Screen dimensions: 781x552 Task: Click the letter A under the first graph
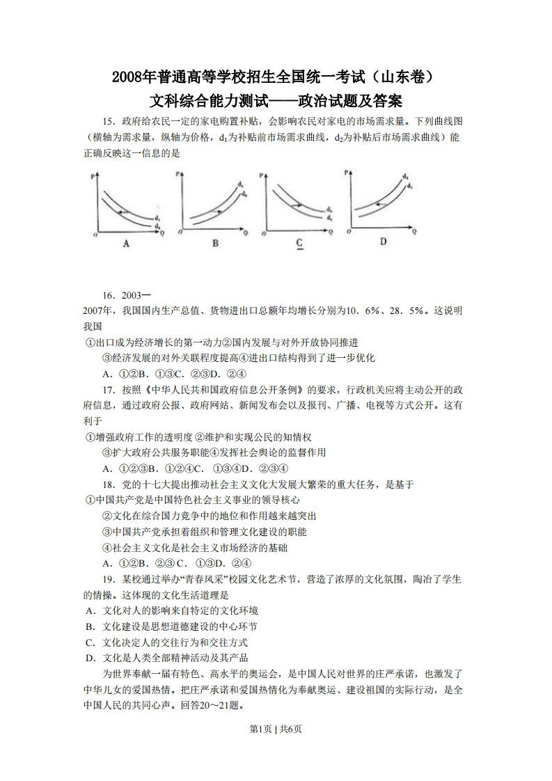tap(126, 243)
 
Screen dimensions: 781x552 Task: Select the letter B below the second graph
tap(215, 243)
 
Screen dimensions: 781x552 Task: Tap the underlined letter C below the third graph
tap(299, 242)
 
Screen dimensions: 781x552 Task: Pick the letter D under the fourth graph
tap(383, 241)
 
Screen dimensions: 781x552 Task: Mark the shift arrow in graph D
tap(379, 203)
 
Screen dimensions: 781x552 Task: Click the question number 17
tap(109, 388)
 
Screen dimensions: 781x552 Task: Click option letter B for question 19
tap(90, 626)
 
